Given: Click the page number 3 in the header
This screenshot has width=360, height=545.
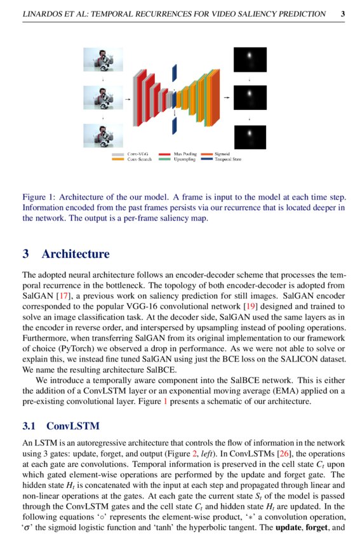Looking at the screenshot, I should [x=343, y=13].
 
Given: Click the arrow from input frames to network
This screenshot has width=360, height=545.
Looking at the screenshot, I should [x=127, y=99].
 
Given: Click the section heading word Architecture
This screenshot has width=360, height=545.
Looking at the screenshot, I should [x=75, y=254].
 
